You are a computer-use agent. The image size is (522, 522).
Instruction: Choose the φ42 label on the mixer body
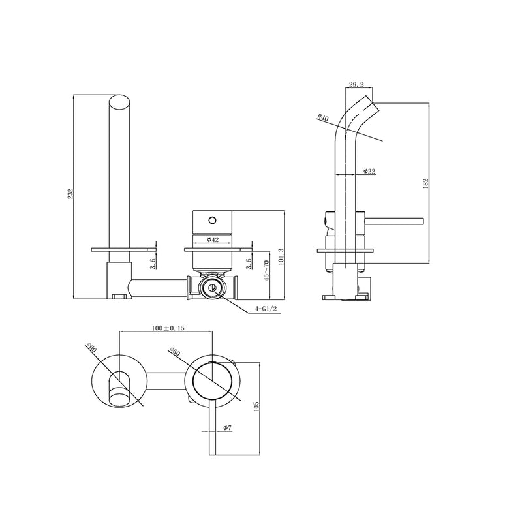pos(212,239)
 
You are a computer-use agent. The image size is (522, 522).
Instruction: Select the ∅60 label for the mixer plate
pos(174,352)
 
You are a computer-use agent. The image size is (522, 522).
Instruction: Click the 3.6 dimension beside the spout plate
pos(152,264)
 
